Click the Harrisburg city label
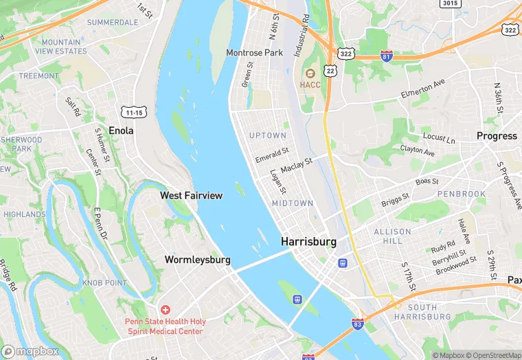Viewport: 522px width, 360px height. (x=308, y=242)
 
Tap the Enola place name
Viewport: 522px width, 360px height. (x=122, y=130)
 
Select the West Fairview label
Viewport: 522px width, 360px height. (x=191, y=196)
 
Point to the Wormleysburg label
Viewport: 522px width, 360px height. (x=197, y=260)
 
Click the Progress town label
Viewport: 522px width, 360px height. (x=497, y=136)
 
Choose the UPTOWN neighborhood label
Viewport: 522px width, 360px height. (x=267, y=135)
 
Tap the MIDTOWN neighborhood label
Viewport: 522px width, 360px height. (x=292, y=203)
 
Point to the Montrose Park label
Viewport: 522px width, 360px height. (x=255, y=52)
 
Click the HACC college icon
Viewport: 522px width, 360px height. (x=310, y=73)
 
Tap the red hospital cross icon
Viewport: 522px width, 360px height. (x=165, y=311)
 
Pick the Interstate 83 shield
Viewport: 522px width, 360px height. (x=357, y=324)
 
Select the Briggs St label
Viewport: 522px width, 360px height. (x=395, y=200)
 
